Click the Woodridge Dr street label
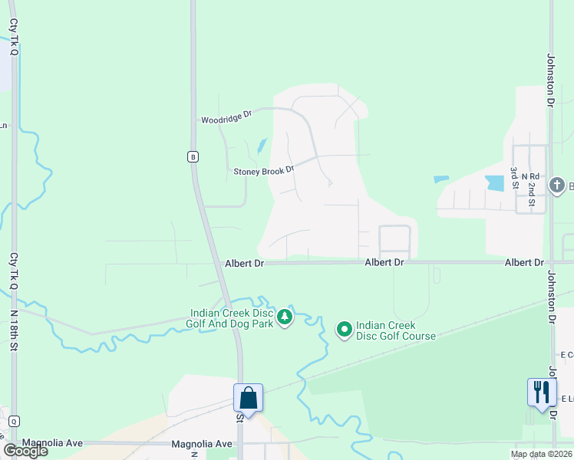click(x=226, y=117)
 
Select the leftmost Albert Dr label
click(x=244, y=263)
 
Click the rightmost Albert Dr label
click(x=524, y=263)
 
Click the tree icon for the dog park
click(x=285, y=317)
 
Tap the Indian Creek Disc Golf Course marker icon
click(x=345, y=330)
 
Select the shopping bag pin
click(x=248, y=398)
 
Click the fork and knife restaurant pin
click(x=542, y=393)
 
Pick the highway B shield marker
click(x=193, y=156)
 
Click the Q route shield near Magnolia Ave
click(x=14, y=421)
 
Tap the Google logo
click(x=25, y=451)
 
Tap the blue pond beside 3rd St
click(x=495, y=182)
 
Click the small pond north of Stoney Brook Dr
click(x=262, y=145)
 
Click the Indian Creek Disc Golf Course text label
click(x=396, y=331)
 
